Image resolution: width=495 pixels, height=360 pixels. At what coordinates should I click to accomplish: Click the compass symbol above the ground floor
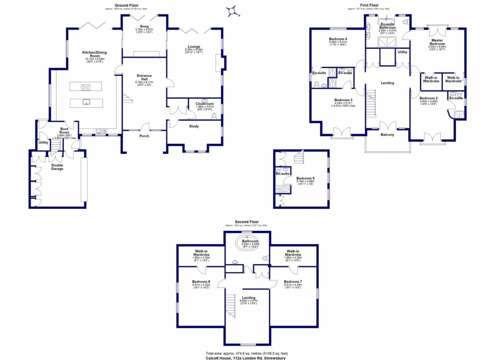click(233, 11)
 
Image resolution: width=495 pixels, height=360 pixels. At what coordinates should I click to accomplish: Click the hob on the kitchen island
click(87, 87)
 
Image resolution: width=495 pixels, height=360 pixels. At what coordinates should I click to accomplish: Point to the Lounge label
click(193, 46)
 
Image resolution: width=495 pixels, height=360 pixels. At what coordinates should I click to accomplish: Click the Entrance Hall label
click(144, 77)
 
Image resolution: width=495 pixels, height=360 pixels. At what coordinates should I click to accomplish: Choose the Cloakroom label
click(205, 104)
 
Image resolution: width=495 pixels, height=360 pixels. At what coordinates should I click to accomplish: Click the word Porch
click(144, 135)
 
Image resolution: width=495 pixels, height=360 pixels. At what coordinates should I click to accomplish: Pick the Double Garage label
click(57, 167)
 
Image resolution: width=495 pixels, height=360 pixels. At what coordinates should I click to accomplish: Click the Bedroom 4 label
click(338, 39)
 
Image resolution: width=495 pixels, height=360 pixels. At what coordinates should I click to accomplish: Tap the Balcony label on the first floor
click(387, 135)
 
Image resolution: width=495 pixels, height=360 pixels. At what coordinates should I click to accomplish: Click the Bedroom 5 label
click(306, 178)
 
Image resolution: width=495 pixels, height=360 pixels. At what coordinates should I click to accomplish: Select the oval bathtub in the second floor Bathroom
click(247, 243)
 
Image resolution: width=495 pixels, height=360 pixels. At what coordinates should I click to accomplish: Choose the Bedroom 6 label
click(201, 282)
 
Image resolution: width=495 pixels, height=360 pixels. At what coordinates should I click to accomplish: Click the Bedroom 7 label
click(293, 282)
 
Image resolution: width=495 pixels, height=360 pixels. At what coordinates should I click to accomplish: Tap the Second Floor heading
click(247, 222)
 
